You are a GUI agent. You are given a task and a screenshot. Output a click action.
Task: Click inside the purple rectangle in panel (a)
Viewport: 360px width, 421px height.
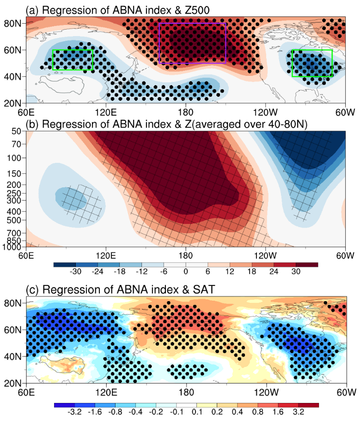(x=192, y=43)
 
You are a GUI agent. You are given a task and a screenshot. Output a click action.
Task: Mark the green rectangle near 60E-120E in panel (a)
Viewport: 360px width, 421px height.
(x=73, y=60)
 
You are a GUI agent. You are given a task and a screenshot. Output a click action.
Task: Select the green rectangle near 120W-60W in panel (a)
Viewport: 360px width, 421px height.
(x=312, y=63)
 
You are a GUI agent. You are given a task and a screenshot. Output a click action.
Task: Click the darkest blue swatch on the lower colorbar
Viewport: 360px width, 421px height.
(x=65, y=404)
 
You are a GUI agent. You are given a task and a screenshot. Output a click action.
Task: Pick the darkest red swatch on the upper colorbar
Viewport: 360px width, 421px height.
(x=307, y=265)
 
